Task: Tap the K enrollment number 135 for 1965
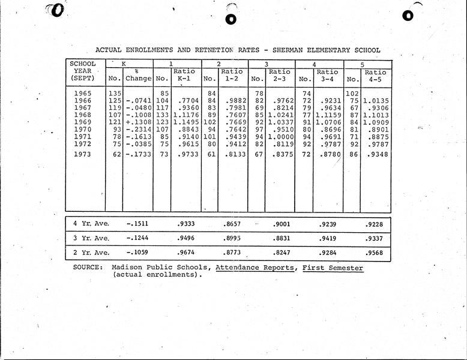[x=114, y=93]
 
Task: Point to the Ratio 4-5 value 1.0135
[x=376, y=100]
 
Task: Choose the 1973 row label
[x=83, y=155]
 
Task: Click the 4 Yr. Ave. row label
[x=91, y=224]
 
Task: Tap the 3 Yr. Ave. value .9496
[x=188, y=238]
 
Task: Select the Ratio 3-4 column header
[x=327, y=75]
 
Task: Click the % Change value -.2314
[x=137, y=130]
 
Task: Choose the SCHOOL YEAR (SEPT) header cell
[x=83, y=71]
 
